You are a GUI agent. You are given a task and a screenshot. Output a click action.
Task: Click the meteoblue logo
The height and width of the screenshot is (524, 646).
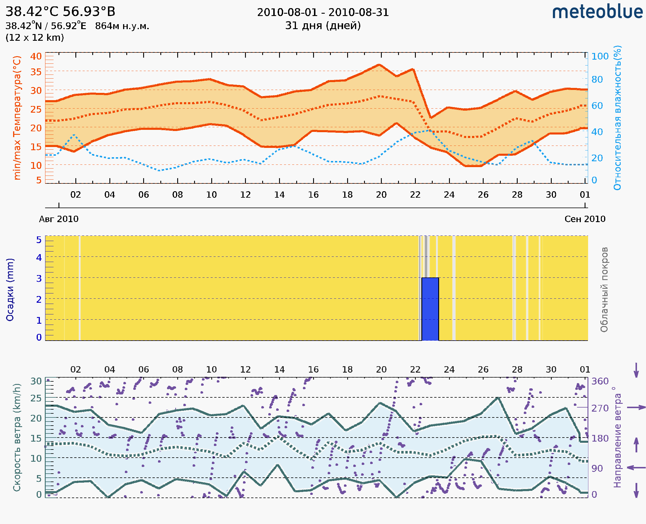(x=597, y=12)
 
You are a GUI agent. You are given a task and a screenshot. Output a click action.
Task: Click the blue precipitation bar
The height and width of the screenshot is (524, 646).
(x=430, y=309)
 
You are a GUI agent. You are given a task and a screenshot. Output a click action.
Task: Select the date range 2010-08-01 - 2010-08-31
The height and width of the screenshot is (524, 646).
(x=323, y=13)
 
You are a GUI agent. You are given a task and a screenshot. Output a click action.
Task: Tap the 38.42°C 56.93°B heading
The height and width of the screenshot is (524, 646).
(x=60, y=12)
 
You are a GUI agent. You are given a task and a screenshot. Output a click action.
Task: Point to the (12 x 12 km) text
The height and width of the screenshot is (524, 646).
(x=35, y=38)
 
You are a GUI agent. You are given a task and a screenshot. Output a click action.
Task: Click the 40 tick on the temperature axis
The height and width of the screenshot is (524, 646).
(x=36, y=56)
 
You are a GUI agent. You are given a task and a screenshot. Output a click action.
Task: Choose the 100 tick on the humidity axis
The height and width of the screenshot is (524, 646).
(x=600, y=56)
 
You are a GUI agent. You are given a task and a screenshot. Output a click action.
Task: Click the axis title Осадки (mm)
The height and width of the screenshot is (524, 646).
(x=10, y=290)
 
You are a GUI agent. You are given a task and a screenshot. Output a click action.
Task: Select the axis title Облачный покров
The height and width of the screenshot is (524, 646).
(x=604, y=290)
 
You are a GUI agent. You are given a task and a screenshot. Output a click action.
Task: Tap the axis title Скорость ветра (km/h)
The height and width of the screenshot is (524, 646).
(x=17, y=437)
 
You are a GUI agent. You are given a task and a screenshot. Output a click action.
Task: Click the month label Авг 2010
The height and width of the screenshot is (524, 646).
(x=58, y=219)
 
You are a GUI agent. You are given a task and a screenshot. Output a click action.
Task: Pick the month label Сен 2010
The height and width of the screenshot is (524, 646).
(x=585, y=219)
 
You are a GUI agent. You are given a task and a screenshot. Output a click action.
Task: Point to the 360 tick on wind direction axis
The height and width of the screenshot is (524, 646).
(x=600, y=381)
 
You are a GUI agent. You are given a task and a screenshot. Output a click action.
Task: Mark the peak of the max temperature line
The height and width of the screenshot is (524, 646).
(x=379, y=65)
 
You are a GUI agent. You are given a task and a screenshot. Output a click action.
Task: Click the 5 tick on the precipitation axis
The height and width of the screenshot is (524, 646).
(x=39, y=240)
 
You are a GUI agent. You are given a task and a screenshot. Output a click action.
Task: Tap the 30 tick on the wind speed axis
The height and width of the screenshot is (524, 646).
(x=36, y=381)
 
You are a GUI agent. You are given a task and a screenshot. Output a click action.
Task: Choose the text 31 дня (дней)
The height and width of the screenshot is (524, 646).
(x=323, y=26)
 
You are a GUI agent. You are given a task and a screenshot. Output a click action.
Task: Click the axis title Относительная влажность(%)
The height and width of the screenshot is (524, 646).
(x=617, y=118)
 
